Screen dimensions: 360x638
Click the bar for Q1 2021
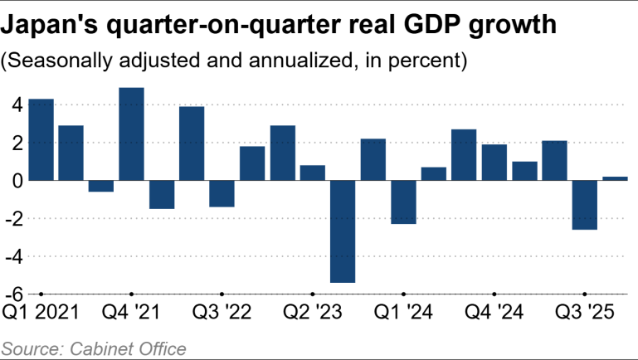41,139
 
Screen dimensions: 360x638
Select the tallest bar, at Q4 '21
131,134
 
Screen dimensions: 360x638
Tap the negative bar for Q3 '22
222,193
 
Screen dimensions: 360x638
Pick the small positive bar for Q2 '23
312,173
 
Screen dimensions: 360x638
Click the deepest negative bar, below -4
343,231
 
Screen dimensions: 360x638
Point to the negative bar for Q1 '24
403,202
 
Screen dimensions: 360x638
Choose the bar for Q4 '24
494,163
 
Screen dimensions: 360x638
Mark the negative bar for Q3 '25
584,205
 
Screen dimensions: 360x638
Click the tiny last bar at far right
615,178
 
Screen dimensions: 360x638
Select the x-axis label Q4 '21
131,313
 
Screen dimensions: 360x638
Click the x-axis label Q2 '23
312,313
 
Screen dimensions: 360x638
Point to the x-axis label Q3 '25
584,313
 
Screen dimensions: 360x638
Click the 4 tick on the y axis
14,105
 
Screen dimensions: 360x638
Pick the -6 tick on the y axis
11,294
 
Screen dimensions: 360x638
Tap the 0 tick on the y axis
14,180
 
